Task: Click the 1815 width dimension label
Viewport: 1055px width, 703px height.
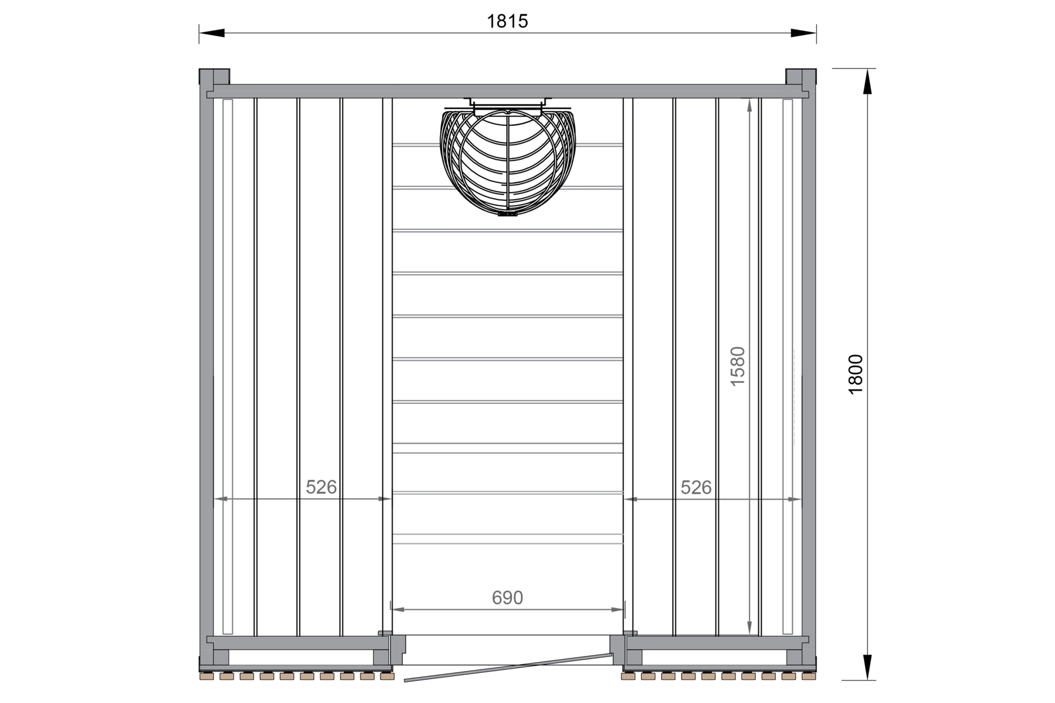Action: pyautogui.click(x=507, y=21)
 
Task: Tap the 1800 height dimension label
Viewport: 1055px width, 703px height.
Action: pyautogui.click(x=856, y=374)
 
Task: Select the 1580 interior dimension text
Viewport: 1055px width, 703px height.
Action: pyautogui.click(x=737, y=366)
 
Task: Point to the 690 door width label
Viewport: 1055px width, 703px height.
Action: pyautogui.click(x=507, y=598)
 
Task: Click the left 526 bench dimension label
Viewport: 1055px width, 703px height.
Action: pyautogui.click(x=321, y=487)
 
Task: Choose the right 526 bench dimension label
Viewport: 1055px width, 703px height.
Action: pyautogui.click(x=696, y=487)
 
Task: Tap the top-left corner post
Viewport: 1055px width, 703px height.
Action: pyautogui.click(x=214, y=76)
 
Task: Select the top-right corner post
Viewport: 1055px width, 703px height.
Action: pyautogui.click(x=801, y=76)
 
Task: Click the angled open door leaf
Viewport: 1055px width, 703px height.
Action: pyautogui.click(x=508, y=667)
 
